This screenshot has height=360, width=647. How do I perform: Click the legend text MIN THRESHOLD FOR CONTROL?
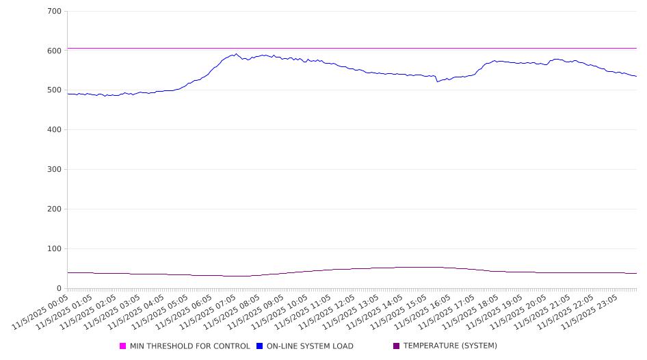click(189, 346)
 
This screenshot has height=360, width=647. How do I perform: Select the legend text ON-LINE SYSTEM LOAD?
click(310, 346)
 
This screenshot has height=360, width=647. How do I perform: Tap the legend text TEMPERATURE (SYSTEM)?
click(450, 346)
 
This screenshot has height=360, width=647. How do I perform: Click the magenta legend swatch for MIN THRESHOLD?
click(123, 346)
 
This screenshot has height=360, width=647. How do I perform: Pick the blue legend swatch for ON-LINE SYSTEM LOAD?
click(260, 346)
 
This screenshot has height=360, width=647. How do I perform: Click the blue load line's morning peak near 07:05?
click(236, 54)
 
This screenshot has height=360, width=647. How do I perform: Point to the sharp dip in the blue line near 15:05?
click(437, 81)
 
